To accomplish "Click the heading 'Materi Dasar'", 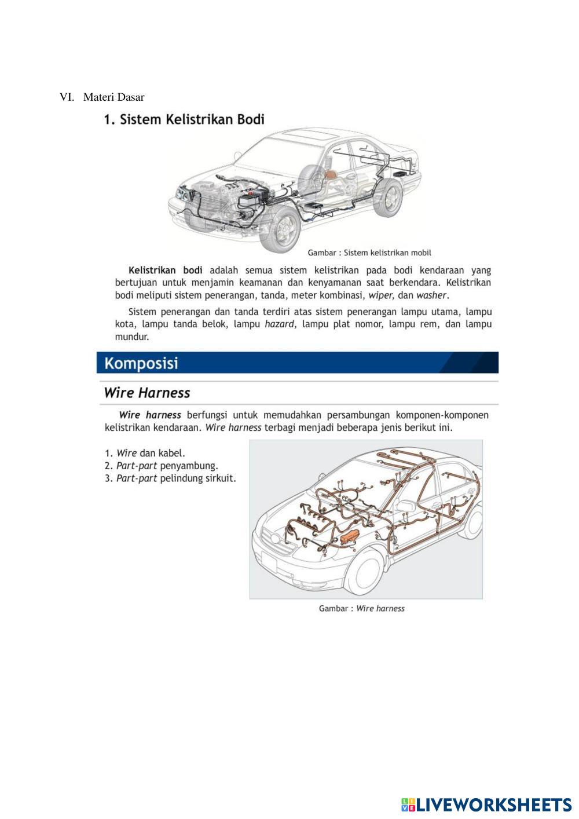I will (113, 97).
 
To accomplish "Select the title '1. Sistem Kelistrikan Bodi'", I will (184, 120).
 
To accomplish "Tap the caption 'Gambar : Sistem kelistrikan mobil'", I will (369, 253).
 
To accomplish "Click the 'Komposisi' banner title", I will (141, 364).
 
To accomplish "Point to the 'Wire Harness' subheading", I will (147, 393).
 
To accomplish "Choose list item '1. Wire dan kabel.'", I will (145, 453).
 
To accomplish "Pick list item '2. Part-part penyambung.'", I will (161, 466).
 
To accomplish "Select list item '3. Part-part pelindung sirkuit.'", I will (170, 478).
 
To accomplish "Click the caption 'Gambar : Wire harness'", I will (361, 608).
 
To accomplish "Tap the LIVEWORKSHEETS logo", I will (486, 804).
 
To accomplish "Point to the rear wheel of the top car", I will (389, 197).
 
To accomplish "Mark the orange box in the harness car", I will (351, 537).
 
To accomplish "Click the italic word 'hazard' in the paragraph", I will (279, 324).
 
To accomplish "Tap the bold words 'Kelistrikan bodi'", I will (165, 270).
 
